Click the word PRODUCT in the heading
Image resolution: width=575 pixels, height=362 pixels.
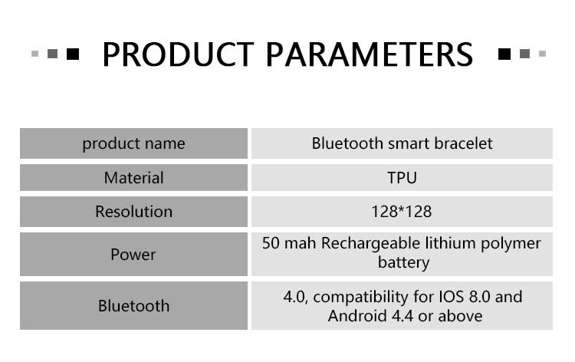(x=178, y=54)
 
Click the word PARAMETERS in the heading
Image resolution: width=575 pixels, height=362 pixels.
(x=370, y=54)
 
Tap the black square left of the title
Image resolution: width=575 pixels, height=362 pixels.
(x=73, y=54)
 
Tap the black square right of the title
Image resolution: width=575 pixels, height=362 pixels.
(x=504, y=54)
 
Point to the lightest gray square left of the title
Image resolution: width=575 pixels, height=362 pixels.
(x=34, y=54)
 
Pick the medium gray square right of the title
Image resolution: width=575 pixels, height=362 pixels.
(x=524, y=54)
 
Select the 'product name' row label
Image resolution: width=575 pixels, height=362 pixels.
(x=133, y=143)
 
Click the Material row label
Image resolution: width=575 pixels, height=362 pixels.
(x=133, y=178)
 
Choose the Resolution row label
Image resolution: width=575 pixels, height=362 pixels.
(x=133, y=212)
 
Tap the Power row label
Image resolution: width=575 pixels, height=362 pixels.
(x=133, y=254)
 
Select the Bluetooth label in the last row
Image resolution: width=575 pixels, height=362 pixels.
(x=133, y=306)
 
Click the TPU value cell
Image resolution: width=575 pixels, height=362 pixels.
(x=402, y=178)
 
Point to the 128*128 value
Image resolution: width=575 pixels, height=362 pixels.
(x=402, y=212)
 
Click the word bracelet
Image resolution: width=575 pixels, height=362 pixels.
(x=463, y=143)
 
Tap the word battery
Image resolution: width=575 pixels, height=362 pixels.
(x=403, y=262)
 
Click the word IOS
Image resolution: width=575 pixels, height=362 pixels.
(x=452, y=297)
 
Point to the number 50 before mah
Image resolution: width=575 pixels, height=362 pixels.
(x=271, y=244)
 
